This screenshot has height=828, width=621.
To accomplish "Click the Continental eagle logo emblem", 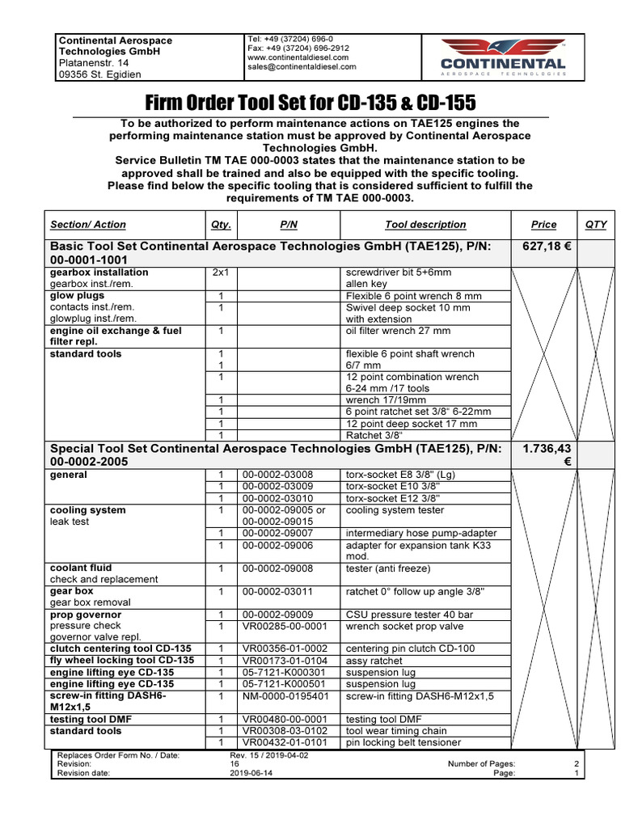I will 502,48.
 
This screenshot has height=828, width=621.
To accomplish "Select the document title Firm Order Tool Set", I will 310,103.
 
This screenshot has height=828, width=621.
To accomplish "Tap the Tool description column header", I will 425,225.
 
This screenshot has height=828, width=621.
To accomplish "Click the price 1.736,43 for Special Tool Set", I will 547,447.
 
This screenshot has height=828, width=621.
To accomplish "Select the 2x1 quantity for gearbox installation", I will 220,273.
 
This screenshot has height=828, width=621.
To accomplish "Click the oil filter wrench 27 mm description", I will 398,331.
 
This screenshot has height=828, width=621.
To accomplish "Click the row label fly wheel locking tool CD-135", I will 122,661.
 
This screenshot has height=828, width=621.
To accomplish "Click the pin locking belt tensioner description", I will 403,742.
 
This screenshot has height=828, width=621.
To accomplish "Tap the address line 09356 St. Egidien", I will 99,75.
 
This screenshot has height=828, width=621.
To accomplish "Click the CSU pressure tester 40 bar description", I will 410,615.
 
